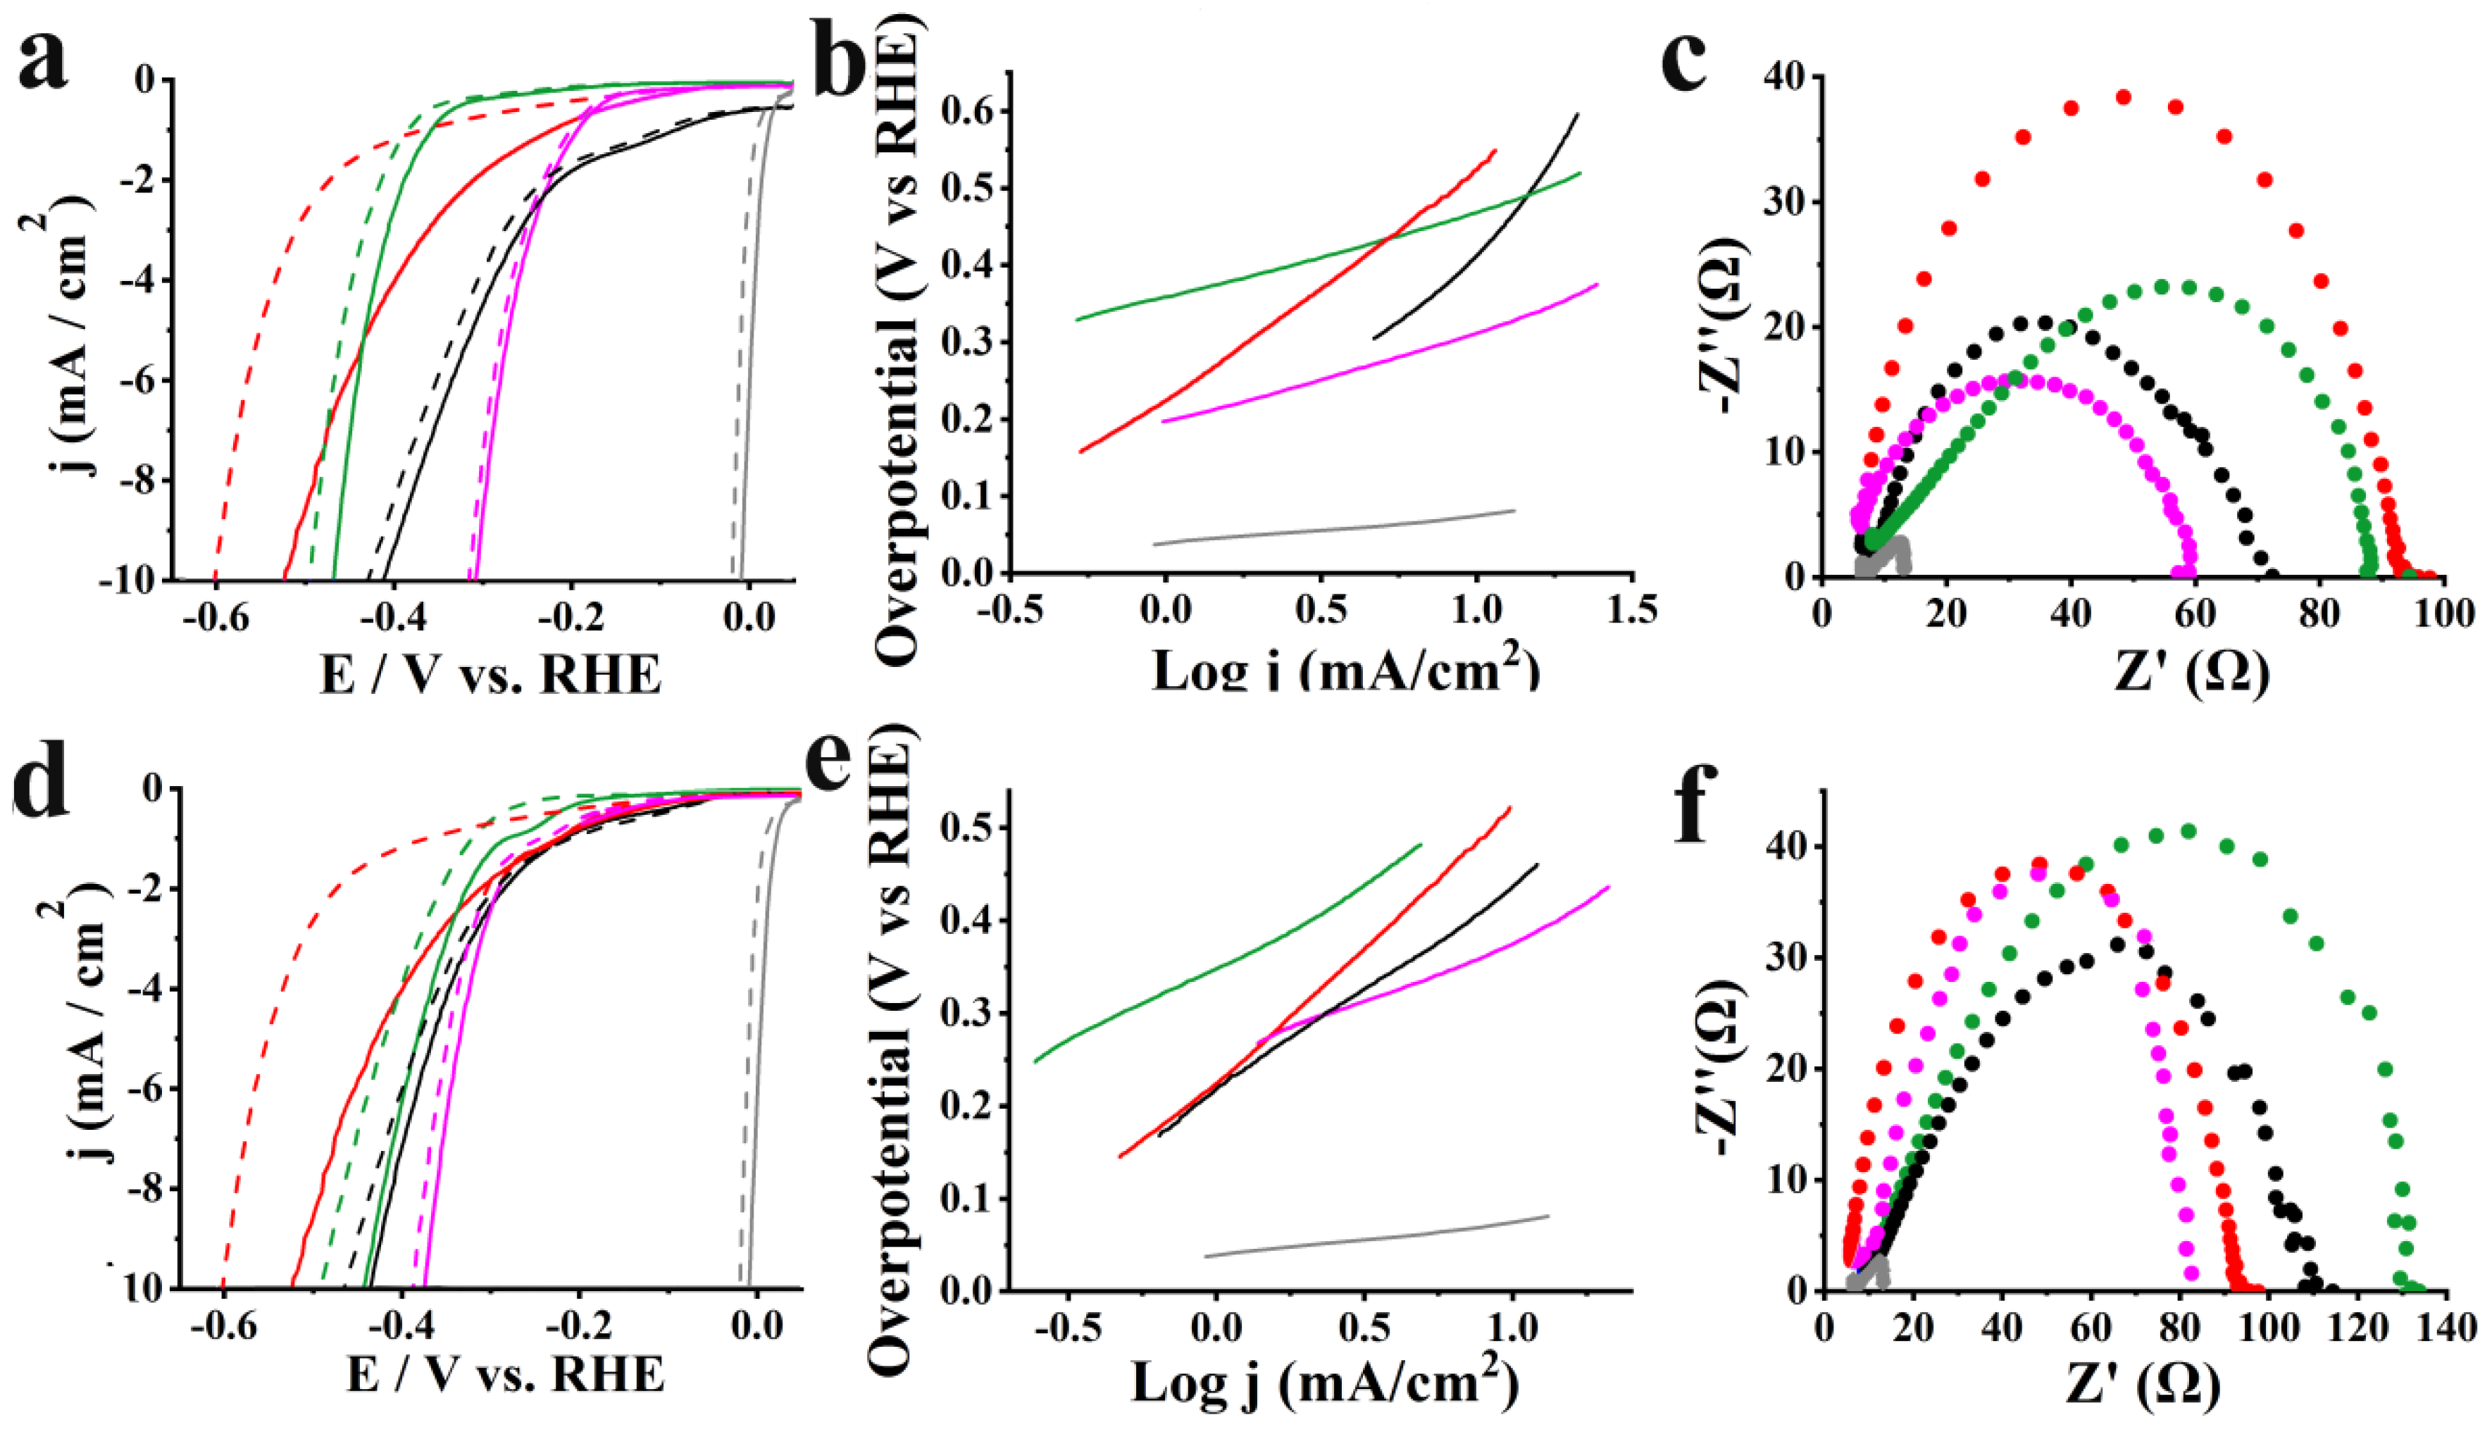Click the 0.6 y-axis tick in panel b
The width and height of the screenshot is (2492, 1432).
(966, 112)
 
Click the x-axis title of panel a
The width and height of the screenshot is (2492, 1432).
(490, 675)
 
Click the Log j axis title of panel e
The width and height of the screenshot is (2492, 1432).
(1323, 1385)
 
